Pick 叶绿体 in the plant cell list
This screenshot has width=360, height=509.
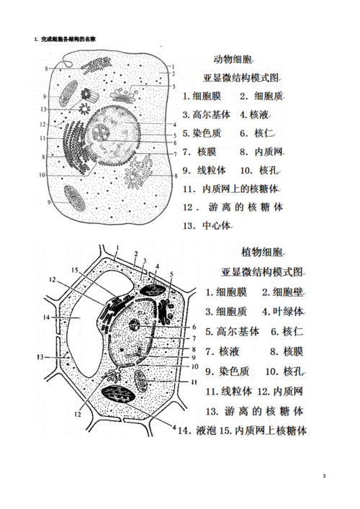(x=289, y=312)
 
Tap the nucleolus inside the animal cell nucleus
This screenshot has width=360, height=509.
(x=101, y=132)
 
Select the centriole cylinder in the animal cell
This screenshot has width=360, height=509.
(x=91, y=94)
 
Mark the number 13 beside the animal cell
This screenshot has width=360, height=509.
(x=45, y=109)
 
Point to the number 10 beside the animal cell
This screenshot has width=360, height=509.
(x=43, y=174)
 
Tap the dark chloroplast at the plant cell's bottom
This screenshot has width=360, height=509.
(x=118, y=395)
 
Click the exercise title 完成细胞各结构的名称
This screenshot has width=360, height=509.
(x=68, y=37)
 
